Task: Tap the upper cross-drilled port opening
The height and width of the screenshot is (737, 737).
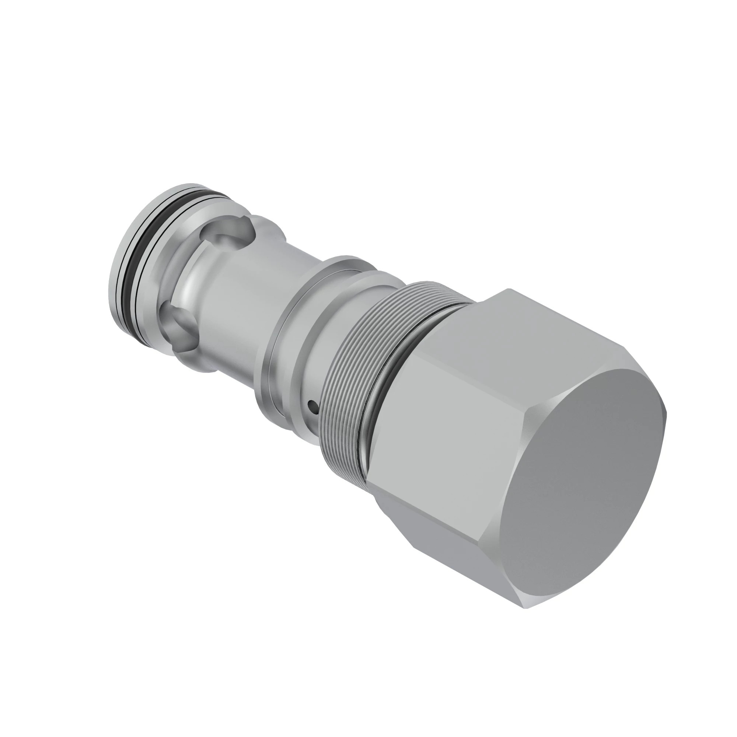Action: click(228, 234)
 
